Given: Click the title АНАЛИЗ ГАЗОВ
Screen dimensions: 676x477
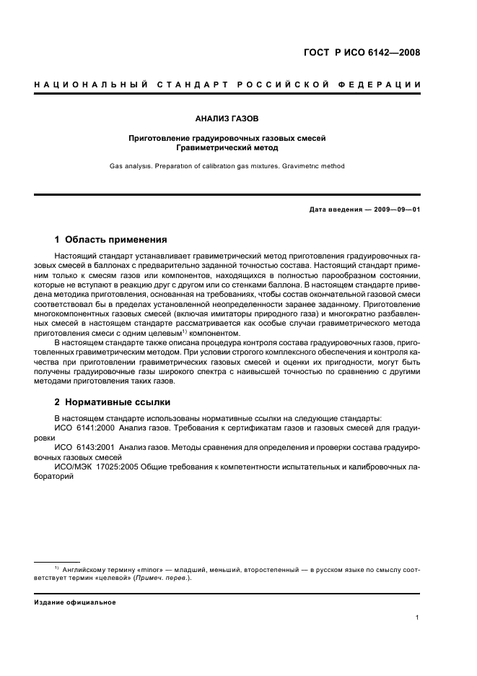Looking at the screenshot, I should click(x=227, y=117).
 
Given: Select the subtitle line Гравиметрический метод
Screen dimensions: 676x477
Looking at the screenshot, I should click(x=227, y=147).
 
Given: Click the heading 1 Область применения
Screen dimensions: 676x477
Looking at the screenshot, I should click(x=110, y=239).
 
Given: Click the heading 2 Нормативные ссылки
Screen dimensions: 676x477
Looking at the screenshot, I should click(x=113, y=402).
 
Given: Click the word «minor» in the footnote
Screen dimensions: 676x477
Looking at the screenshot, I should click(x=139, y=570).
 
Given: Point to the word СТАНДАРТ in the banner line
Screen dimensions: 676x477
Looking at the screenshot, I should click(x=191, y=85).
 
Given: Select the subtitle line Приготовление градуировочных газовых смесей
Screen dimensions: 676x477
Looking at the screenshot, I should click(x=227, y=137).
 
